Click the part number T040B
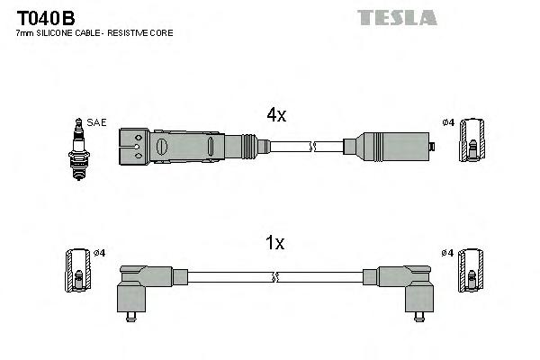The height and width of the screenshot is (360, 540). pos(44,17)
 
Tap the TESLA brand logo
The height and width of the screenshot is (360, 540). pos(396,17)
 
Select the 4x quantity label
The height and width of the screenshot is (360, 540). pos(275,114)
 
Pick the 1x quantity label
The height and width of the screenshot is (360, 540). pos(275,243)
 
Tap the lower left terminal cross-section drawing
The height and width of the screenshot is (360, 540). pos(78,270)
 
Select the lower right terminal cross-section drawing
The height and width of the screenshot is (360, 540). pos(471,270)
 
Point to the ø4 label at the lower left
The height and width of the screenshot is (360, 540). pos(100,253)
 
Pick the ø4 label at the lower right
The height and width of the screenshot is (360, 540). pos(448,253)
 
